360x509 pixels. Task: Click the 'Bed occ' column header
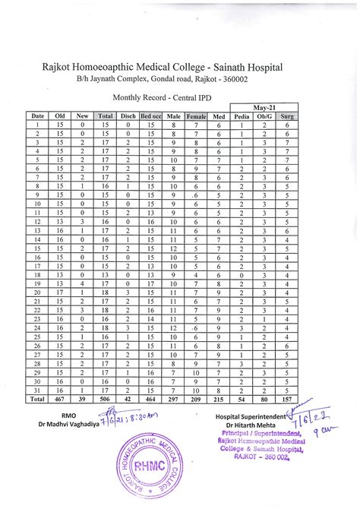tap(152, 115)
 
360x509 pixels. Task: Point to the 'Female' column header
tap(196, 115)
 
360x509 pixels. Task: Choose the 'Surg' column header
tap(287, 115)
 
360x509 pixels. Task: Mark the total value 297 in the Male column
tap(174, 398)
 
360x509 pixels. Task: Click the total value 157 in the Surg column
tap(287, 398)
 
